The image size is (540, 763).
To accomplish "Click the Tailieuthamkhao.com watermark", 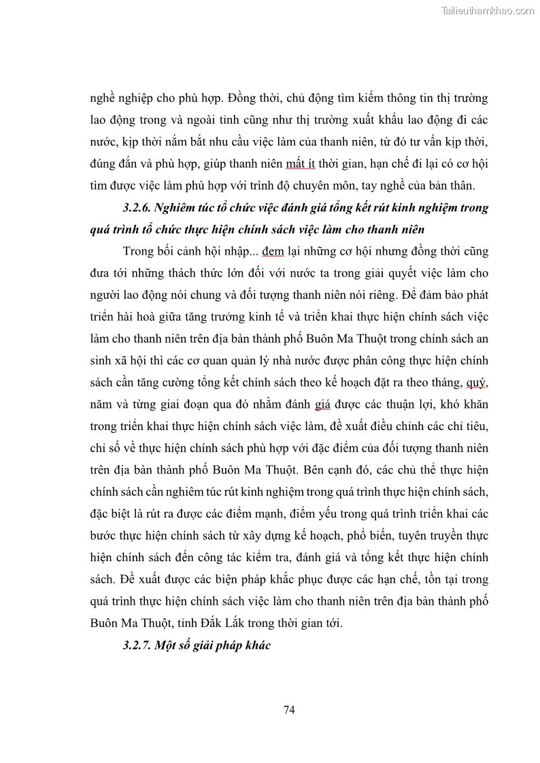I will pos(488,10).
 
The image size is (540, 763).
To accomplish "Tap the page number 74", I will pos(289,710).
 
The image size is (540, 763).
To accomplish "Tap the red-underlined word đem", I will pos(273,251).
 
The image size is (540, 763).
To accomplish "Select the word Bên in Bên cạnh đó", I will pos(315,470).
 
